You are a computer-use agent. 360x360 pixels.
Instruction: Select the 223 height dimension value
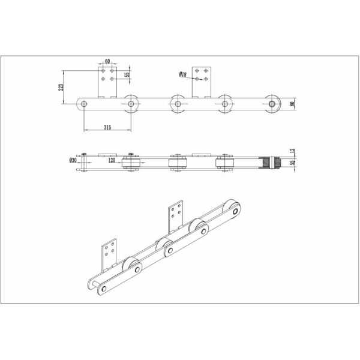[60, 88]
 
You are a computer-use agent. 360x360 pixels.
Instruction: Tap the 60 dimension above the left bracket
[107, 61]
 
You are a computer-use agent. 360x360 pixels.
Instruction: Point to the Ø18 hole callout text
[183, 74]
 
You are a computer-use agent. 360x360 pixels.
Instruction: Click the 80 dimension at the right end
[293, 104]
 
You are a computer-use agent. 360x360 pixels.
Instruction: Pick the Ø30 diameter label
[73, 161]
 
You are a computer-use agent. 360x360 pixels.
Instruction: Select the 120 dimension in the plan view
[112, 161]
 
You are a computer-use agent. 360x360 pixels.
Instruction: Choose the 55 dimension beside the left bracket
[127, 75]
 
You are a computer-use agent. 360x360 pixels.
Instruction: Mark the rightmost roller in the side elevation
[273, 104]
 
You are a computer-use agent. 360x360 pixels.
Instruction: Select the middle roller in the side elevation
[178, 104]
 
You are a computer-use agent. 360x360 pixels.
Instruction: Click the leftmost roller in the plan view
[131, 164]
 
